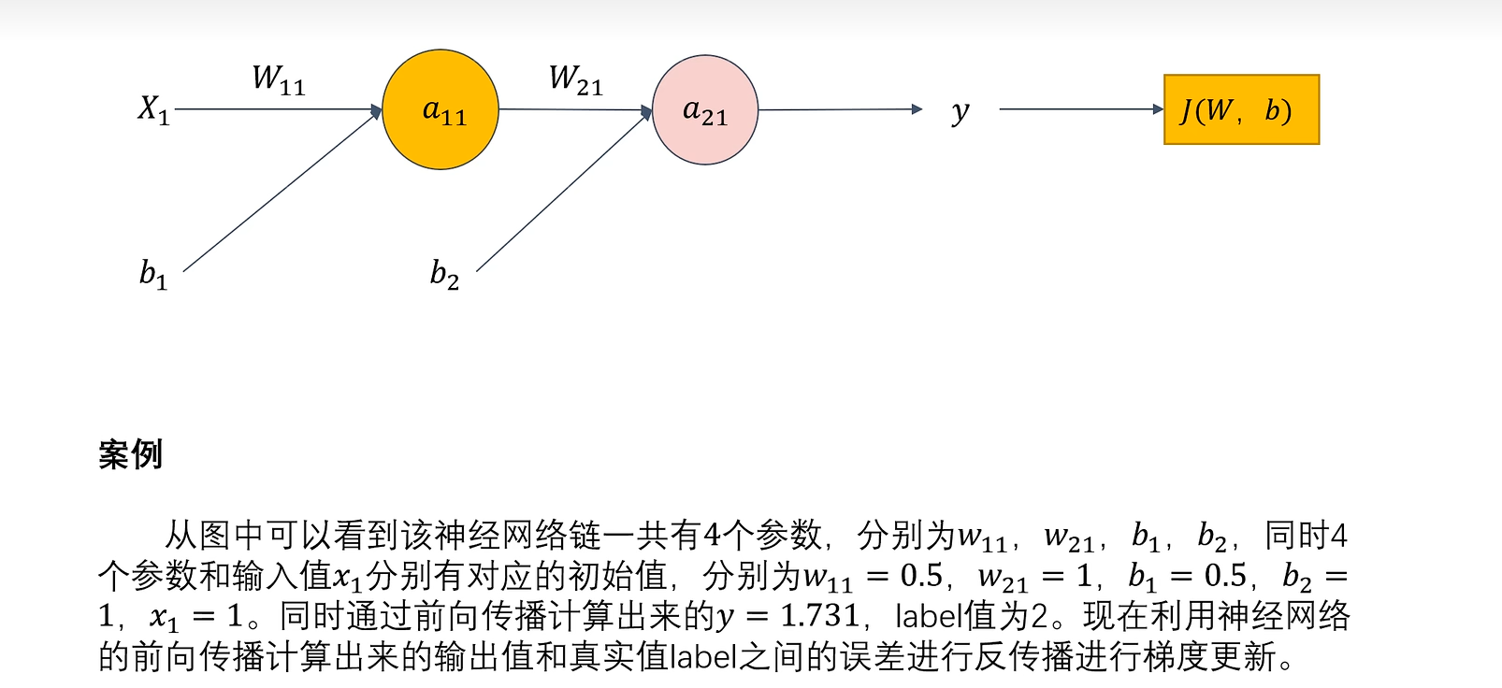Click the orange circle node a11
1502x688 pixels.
440,109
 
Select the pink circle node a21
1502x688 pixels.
704,110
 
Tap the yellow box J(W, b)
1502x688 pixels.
1241,109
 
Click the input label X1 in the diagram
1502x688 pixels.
153,109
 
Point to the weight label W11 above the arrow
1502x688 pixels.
279,79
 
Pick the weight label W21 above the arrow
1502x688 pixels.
575,79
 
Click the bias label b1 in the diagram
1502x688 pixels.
153,274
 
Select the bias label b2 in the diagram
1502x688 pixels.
444,274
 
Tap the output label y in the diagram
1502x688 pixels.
960,111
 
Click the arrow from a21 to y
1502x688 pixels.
839,109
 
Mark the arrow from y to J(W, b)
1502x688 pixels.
1080,109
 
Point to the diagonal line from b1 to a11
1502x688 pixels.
281,192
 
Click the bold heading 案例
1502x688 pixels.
130,454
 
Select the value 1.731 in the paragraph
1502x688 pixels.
819,616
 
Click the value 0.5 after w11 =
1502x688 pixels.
921,576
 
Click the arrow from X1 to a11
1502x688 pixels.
278,109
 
